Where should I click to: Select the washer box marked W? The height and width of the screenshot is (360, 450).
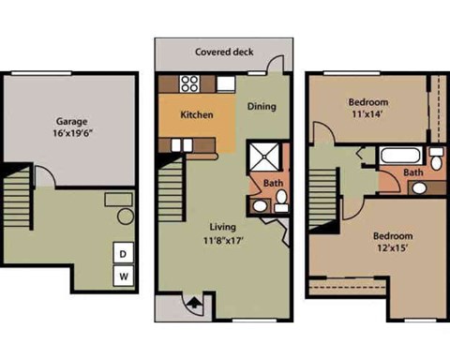(124, 277)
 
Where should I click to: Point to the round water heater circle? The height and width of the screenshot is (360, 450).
(125, 217)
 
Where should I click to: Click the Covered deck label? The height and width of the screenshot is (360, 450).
(222, 52)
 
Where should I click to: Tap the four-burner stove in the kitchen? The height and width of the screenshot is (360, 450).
(188, 83)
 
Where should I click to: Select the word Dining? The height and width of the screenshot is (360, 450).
(262, 106)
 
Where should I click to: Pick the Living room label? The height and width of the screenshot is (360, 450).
(222, 227)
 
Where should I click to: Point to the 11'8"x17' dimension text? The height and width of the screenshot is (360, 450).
(222, 242)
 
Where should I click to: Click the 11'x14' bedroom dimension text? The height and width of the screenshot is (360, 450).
(368, 114)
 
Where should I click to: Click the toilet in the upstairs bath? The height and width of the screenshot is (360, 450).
(436, 156)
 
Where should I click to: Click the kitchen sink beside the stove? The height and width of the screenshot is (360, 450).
(225, 84)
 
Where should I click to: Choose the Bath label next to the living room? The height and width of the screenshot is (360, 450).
(273, 183)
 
